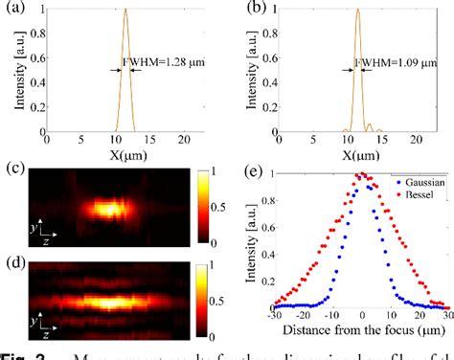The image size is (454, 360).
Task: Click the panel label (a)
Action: point(13,12)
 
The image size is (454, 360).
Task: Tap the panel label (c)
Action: point(13,171)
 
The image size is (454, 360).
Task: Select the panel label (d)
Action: point(13,263)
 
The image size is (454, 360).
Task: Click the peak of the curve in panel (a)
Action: point(125,11)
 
